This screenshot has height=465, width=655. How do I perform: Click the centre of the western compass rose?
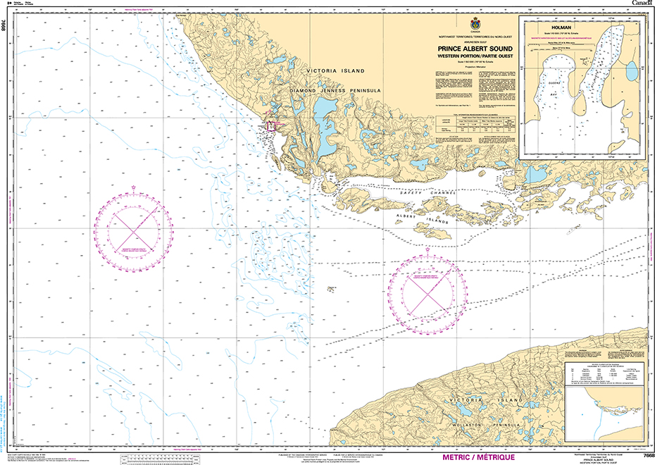(x=134, y=228)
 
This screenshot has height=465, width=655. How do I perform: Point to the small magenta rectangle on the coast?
(x=270, y=125)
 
